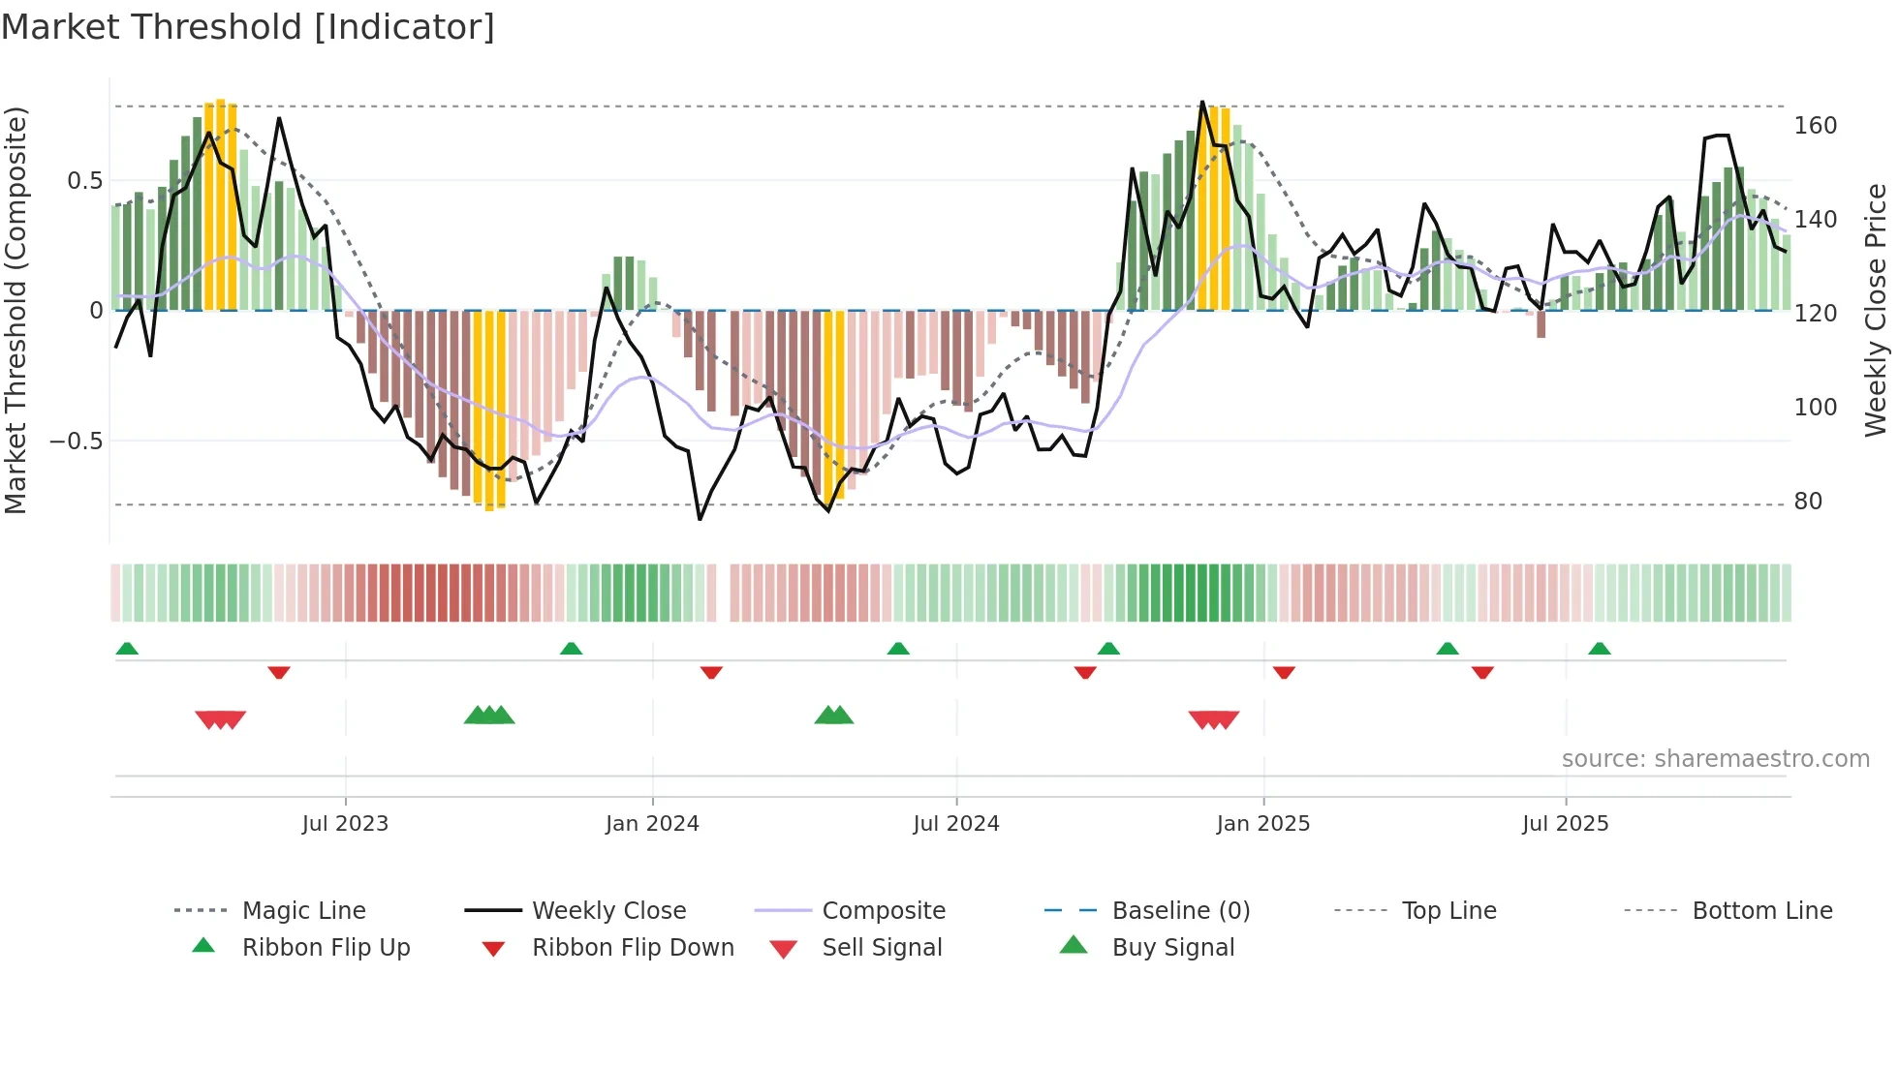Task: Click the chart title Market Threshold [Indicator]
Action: pos(248,27)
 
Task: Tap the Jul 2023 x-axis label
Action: pos(345,824)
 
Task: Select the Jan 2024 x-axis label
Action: pos(652,824)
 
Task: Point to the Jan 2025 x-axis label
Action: pos(1262,824)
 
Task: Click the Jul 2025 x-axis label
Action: pos(1565,824)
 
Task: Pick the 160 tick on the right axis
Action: pos(1815,126)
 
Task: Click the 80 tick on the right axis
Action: pos(1808,502)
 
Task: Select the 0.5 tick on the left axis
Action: pos(84,181)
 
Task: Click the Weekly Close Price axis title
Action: pos(1876,310)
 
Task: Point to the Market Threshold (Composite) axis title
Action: pos(16,310)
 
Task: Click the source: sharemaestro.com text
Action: pos(1715,759)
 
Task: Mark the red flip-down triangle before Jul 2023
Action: pos(279,672)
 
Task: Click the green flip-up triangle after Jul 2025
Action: pos(1599,649)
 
